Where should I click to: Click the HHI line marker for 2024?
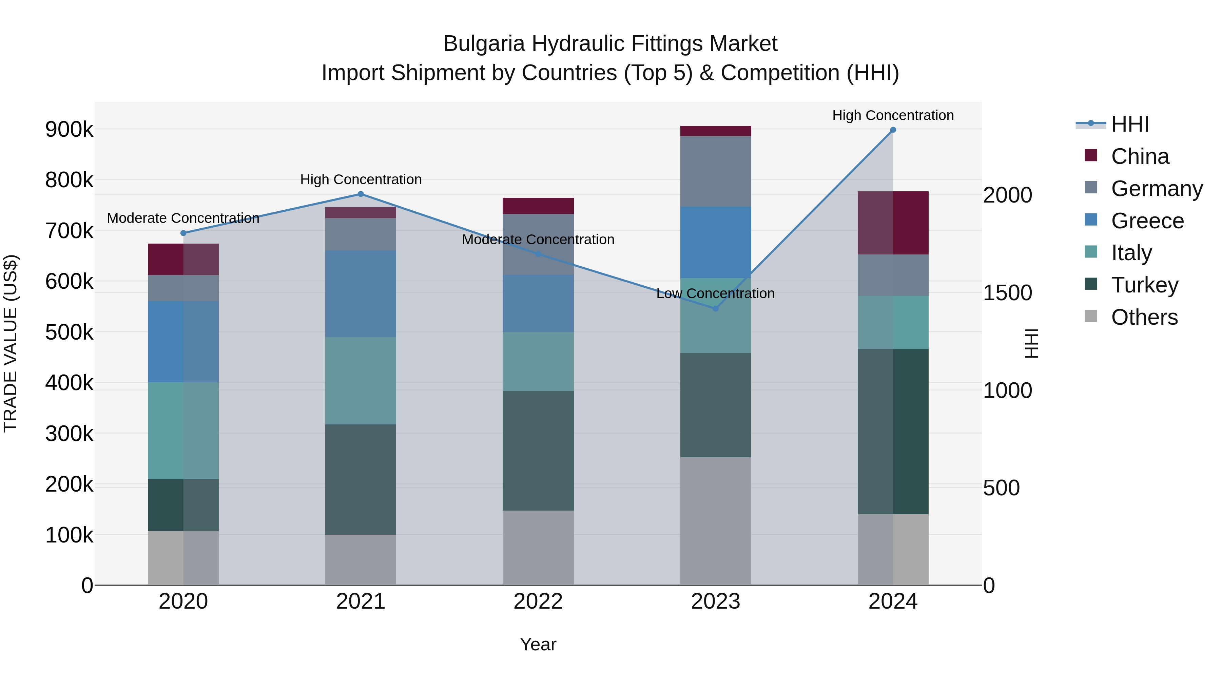pos(893,130)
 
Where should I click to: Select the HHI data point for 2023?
pos(716,309)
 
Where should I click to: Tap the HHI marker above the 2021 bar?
pos(361,194)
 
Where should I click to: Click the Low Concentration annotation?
pos(715,293)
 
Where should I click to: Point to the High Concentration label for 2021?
pos(361,180)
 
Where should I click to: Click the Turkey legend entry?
pos(1144,285)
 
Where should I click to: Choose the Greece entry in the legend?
pos(1147,221)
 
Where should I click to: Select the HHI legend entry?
pos(1129,124)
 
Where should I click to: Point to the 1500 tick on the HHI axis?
pos(1007,293)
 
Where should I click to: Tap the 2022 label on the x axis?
pos(538,602)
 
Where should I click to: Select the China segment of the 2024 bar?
pos(893,223)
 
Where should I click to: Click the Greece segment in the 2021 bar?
pos(361,293)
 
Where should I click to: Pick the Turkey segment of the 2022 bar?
pos(538,451)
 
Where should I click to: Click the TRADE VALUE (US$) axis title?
pos(11,343)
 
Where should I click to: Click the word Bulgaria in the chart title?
pos(484,44)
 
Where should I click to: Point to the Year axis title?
pos(538,644)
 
